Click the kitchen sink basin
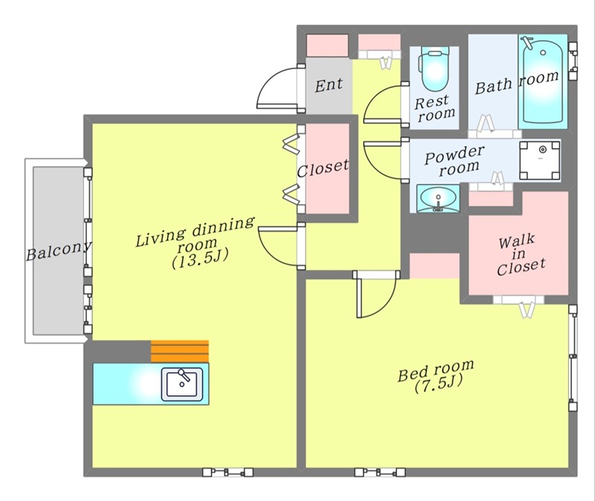click(x=181, y=384)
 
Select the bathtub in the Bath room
click(x=543, y=81)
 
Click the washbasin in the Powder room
click(x=438, y=199)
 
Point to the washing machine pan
click(x=540, y=161)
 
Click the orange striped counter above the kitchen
click(x=180, y=351)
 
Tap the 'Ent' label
click(x=329, y=85)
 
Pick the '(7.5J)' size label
click(x=438, y=384)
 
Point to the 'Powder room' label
click(x=455, y=160)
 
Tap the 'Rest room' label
click(x=434, y=108)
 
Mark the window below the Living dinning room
click(x=228, y=472)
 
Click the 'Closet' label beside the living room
click(x=323, y=169)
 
